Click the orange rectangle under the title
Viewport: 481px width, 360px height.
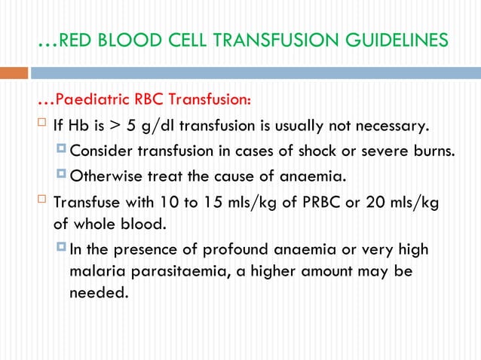tap(14, 73)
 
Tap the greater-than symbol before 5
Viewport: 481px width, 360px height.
tap(117, 125)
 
